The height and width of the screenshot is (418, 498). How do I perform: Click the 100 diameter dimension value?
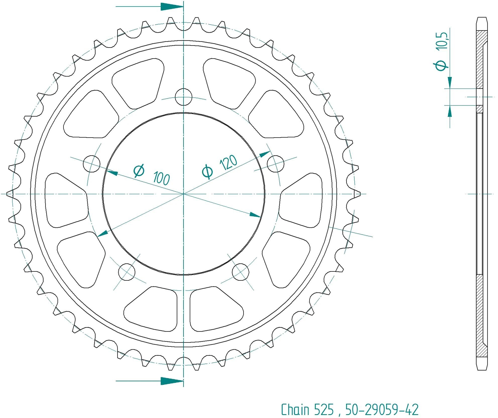tap(161, 178)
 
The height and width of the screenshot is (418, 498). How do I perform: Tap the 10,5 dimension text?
tap(442, 41)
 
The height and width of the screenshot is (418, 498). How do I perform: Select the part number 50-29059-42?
tap(382, 410)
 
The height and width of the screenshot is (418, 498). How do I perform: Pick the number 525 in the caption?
tap(324, 410)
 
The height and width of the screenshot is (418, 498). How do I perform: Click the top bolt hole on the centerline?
tap(183, 97)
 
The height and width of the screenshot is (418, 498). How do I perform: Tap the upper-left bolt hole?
tap(92, 164)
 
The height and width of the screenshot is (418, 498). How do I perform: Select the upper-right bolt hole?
tap(276, 164)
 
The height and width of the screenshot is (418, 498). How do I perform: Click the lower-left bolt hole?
tap(127, 272)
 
